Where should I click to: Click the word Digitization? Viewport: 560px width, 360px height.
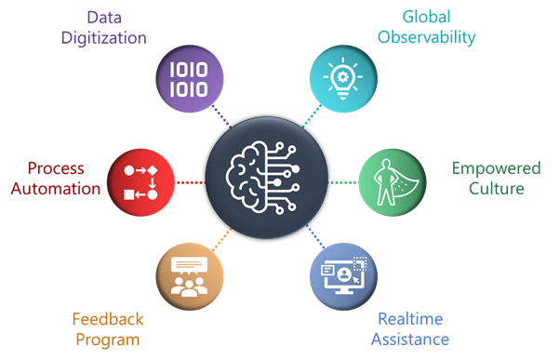coord(106,38)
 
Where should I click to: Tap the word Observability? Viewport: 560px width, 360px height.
coord(427,37)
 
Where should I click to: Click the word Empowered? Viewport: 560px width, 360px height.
coord(496,168)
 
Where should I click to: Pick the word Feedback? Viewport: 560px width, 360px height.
coord(105,319)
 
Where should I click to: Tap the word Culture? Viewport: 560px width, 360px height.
coord(496,189)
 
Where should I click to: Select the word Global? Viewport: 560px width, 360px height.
coord(428,17)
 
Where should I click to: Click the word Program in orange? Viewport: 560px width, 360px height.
coord(105,339)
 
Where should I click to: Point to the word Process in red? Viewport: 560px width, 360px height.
coord(56,168)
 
